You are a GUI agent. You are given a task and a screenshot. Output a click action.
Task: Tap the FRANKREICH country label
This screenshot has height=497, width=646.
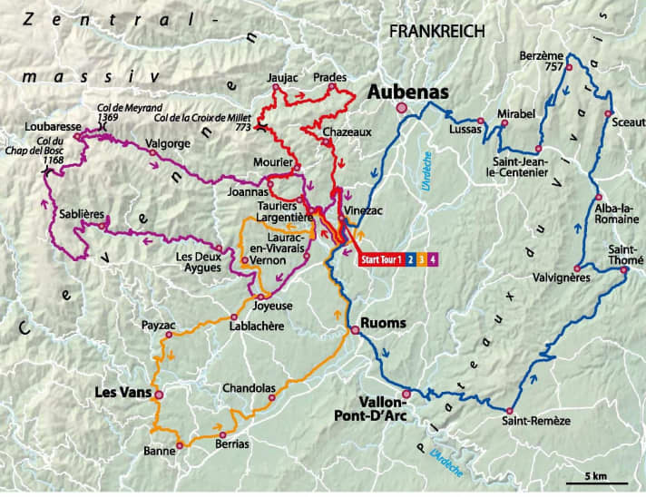pos(436,31)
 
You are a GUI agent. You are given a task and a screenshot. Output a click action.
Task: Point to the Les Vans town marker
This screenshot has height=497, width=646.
pos(159,395)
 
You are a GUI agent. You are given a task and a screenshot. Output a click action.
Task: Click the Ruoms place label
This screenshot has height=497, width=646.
pos(384,321)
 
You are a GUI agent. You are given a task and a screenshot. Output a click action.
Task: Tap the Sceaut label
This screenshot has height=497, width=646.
pos(623,120)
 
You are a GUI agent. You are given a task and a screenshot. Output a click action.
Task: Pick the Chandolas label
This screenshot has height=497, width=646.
pos(249,388)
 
